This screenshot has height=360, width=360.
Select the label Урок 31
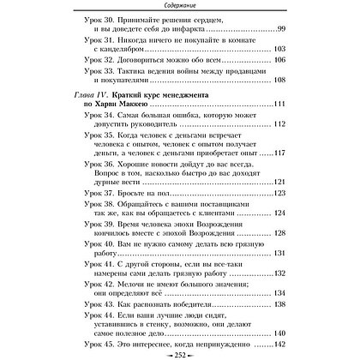(83, 49)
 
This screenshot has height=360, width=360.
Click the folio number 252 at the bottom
(180, 353)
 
